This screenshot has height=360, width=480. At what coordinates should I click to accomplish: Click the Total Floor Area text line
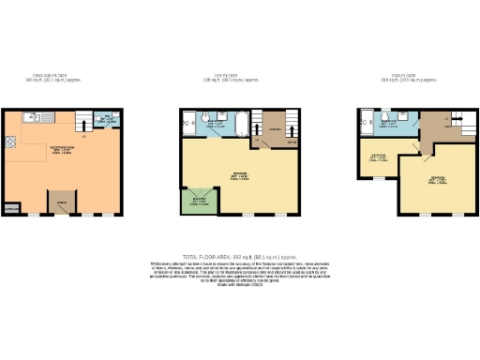(240, 255)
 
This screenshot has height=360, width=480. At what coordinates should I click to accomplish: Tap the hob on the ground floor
(10, 142)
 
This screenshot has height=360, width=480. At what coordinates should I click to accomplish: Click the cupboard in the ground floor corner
(12, 209)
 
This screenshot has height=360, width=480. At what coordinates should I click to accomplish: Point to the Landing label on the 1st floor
(275, 127)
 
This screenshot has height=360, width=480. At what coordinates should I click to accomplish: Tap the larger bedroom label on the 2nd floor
(437, 179)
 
